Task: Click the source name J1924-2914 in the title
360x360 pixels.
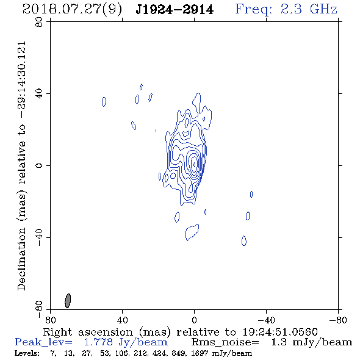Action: click(175, 10)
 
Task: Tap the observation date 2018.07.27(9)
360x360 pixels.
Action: click(72, 10)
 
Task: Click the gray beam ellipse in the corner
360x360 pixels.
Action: click(68, 301)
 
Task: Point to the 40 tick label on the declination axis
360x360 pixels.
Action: click(39, 94)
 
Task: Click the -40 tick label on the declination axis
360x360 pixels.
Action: click(39, 237)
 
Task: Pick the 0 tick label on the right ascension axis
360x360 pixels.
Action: click(194, 320)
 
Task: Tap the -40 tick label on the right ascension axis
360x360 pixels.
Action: click(266, 320)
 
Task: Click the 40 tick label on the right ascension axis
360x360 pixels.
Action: click(122, 320)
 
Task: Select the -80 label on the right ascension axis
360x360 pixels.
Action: click(338, 320)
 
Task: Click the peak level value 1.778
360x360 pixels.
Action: click(98, 342)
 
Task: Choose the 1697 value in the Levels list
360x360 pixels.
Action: click(201, 353)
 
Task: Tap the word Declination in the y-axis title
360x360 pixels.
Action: click(21, 259)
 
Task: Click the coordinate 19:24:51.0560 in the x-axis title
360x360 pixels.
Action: click(280, 332)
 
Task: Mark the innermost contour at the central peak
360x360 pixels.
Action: click(195, 164)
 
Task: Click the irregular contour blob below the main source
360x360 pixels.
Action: click(192, 232)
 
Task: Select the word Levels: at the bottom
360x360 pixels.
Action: click(27, 353)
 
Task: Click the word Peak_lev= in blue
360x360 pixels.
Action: click(43, 342)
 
